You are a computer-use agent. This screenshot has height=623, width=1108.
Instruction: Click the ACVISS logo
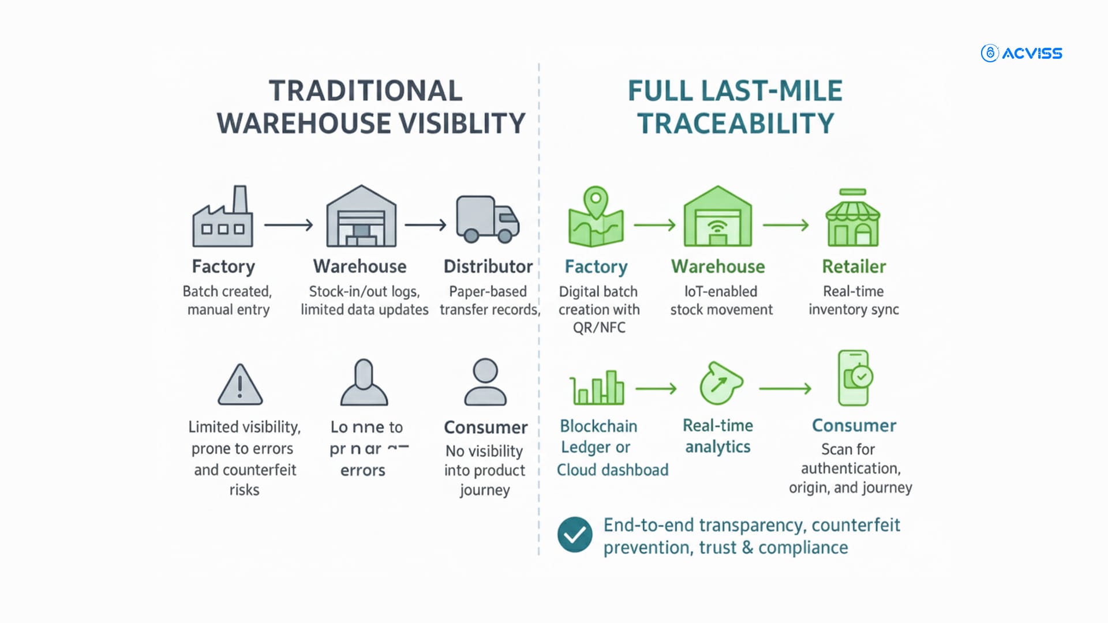(1021, 53)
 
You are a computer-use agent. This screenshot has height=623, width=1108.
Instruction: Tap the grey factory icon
(223, 217)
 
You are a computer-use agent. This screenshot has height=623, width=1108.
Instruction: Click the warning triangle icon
(240, 385)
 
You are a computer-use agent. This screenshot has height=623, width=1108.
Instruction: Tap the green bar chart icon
(596, 388)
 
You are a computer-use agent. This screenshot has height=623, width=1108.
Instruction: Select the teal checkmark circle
(575, 535)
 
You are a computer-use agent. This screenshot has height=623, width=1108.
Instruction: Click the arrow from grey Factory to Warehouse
(289, 224)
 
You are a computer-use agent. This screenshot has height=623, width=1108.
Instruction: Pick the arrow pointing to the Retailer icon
(785, 224)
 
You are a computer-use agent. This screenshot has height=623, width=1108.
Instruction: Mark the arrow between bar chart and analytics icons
(656, 389)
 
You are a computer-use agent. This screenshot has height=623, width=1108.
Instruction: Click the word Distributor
(488, 267)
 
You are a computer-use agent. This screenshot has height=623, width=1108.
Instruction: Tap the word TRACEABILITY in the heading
(736, 123)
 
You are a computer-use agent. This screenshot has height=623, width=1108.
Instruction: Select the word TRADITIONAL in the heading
(366, 91)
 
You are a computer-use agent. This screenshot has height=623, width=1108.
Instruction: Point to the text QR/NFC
(599, 328)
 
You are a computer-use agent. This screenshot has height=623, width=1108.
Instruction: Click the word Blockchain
(598, 426)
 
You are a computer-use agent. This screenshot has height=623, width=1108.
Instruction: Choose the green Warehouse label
(718, 267)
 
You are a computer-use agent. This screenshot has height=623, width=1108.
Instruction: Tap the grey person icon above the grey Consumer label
(485, 382)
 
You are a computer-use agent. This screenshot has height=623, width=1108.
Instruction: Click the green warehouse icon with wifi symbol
(718, 217)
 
